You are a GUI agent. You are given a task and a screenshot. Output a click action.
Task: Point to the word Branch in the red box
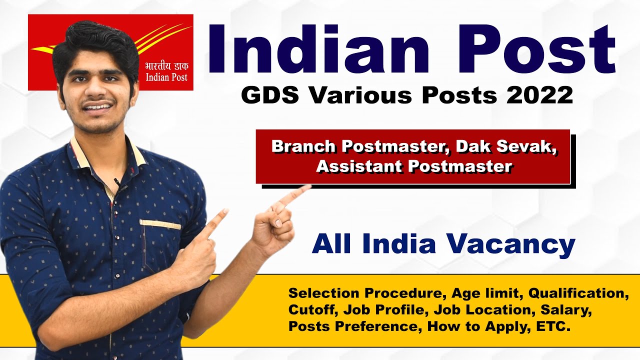[x=303, y=146]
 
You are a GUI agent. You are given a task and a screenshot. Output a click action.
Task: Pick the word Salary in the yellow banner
[x=566, y=310]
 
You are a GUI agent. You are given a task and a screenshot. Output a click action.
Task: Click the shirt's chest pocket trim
[x=160, y=224]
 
